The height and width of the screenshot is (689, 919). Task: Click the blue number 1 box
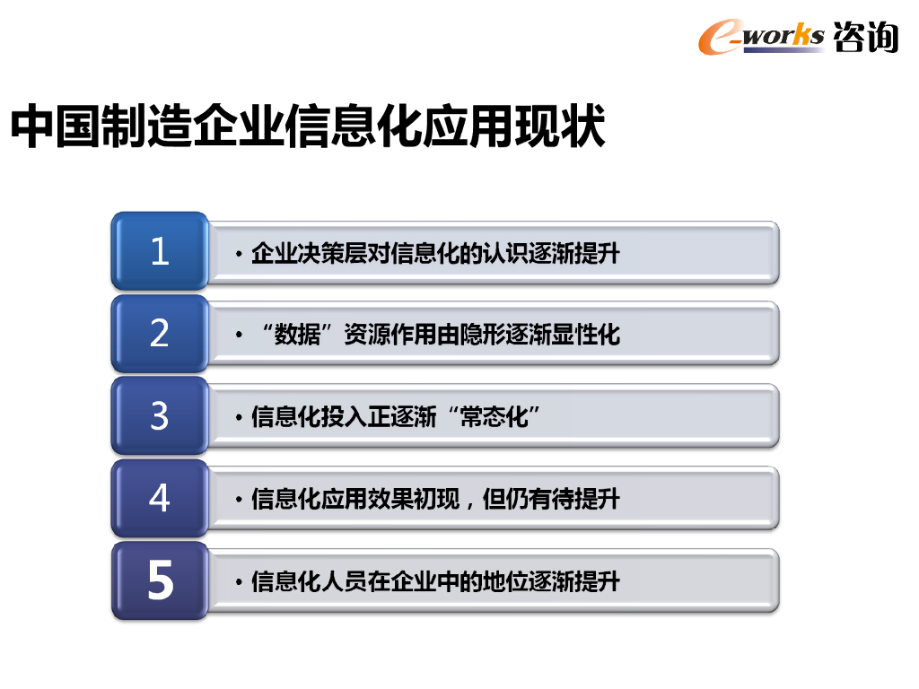(x=160, y=251)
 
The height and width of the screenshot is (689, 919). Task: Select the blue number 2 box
(x=160, y=334)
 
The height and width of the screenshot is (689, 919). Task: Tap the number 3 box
(x=160, y=416)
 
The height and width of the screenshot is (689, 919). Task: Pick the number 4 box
(x=160, y=498)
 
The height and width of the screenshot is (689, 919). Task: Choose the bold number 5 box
(x=160, y=581)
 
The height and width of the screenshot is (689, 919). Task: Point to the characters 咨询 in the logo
(x=865, y=36)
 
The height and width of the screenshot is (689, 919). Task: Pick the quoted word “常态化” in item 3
(x=494, y=417)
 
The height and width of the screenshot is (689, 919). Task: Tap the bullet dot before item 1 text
(x=239, y=255)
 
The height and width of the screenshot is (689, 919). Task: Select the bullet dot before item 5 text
(x=239, y=583)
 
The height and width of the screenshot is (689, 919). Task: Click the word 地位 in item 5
(x=504, y=582)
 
